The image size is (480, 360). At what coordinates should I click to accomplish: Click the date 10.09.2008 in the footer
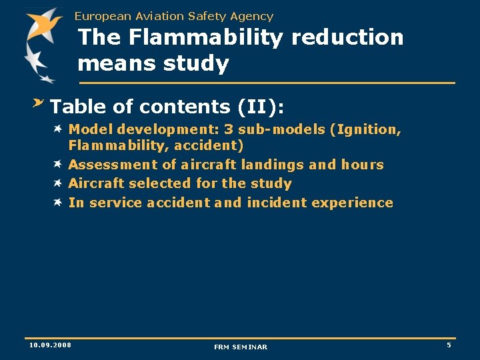50,345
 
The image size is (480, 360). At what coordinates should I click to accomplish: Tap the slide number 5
449,345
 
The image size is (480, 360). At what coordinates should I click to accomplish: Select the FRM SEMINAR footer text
241,347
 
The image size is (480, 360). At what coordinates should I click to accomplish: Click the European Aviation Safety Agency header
174,16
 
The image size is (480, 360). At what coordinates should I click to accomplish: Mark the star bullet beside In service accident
59,201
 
